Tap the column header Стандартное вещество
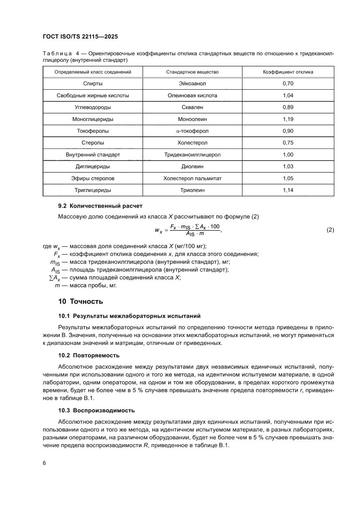192,72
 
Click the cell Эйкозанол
192,83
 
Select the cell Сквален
192,107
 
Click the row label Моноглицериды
93,119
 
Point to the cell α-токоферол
192,131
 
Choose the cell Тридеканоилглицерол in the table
192,155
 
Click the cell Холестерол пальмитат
192,179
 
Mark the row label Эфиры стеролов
93,179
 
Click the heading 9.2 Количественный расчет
101,206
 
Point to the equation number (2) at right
330,230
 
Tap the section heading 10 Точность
80,301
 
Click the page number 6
44,463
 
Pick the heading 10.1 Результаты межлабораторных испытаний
129,316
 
